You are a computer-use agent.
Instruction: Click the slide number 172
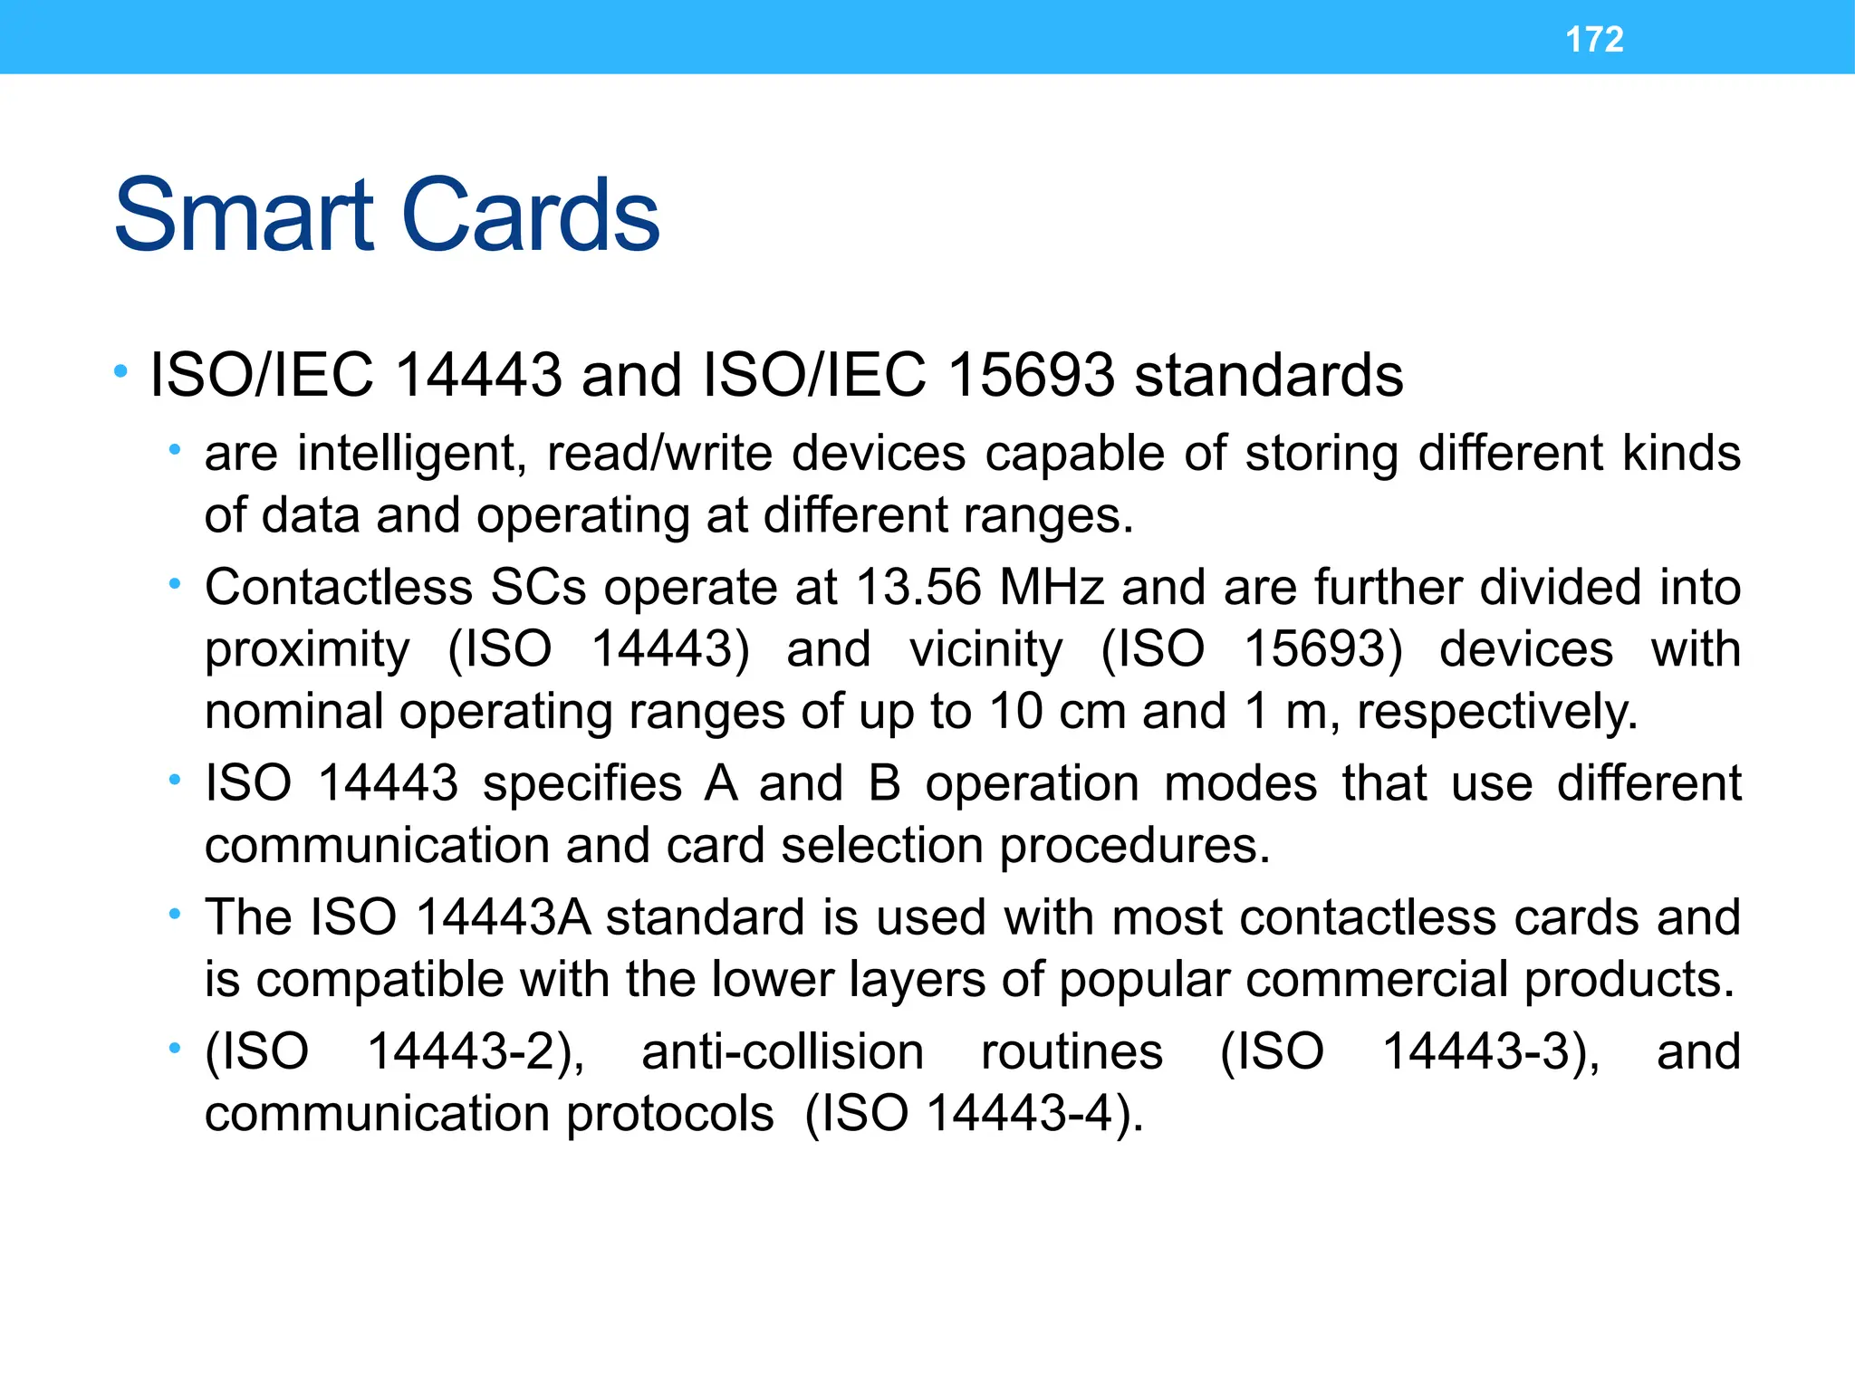[x=1594, y=39]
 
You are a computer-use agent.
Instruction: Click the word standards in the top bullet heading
[x=1268, y=375]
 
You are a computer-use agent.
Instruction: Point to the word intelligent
[x=411, y=454]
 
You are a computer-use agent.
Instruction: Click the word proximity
[x=307, y=651]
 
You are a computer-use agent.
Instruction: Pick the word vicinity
[x=985, y=649]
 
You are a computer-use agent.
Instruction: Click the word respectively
[x=1496, y=712]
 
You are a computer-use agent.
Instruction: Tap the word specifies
[x=581, y=783]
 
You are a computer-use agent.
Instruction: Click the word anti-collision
[x=783, y=1052]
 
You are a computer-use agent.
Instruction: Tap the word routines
[x=1072, y=1052]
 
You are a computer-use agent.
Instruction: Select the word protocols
[x=669, y=1115]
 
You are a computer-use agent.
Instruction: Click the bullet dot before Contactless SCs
[x=175, y=585]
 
